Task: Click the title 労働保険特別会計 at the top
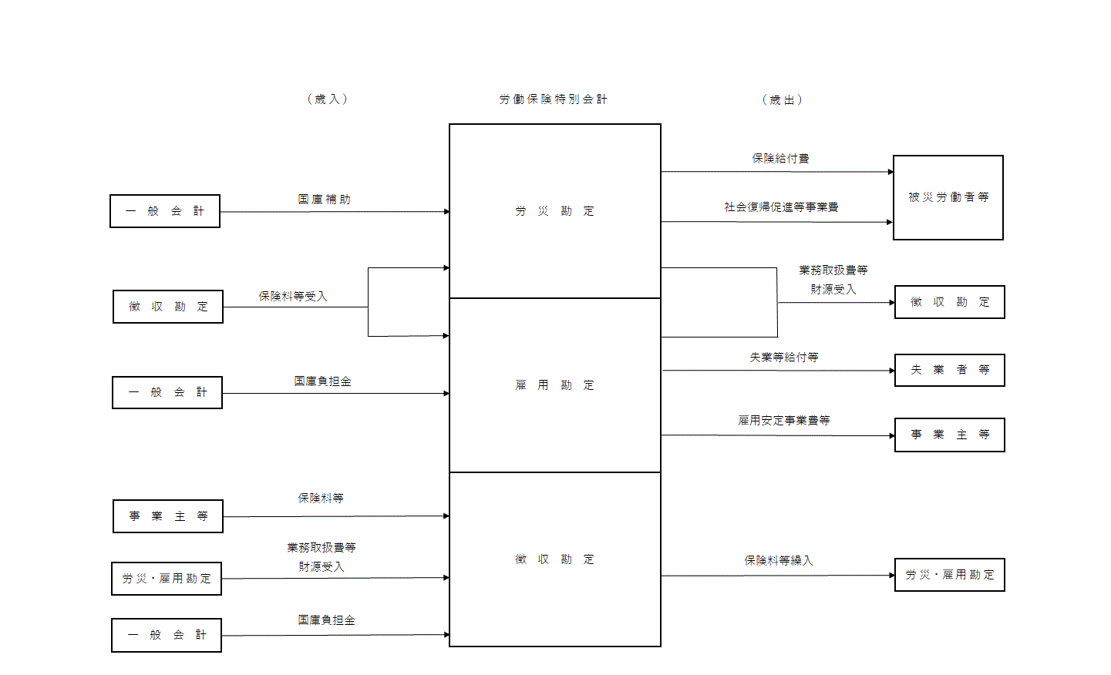coord(553,99)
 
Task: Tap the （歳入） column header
coord(327,99)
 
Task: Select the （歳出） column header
coord(782,100)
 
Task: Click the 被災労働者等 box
coord(948,197)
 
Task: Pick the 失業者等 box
coord(949,370)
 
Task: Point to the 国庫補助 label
coord(324,200)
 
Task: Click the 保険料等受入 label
coord(292,297)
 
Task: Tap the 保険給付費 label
coord(780,159)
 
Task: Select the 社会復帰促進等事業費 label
coord(780,207)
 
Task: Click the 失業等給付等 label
coord(783,358)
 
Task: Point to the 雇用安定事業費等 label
coord(783,421)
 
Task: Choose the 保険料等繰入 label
coord(778,561)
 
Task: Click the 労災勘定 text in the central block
coord(554,211)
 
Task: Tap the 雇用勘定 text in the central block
coord(554,385)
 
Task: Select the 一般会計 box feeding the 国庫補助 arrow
coord(165,211)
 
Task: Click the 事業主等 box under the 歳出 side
coord(949,435)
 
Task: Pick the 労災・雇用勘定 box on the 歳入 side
coord(167,579)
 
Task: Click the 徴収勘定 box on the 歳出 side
coord(949,302)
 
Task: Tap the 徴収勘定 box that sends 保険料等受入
coord(168,307)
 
